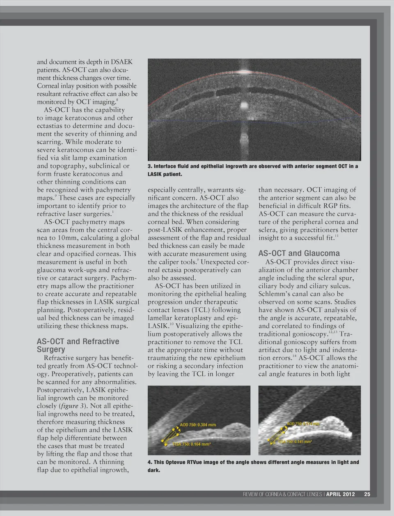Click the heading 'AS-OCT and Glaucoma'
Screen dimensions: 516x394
pos(299,253)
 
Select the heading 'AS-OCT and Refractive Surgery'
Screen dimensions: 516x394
pos(78,345)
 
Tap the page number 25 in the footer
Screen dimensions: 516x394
pos(367,494)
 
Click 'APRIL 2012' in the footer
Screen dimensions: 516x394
pos(341,494)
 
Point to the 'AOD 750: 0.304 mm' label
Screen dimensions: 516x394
pos(198,425)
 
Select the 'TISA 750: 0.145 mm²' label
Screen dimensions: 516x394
pos(295,442)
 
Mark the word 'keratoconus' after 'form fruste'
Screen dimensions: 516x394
pos(98,174)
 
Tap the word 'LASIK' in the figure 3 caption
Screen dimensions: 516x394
pos(156,174)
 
